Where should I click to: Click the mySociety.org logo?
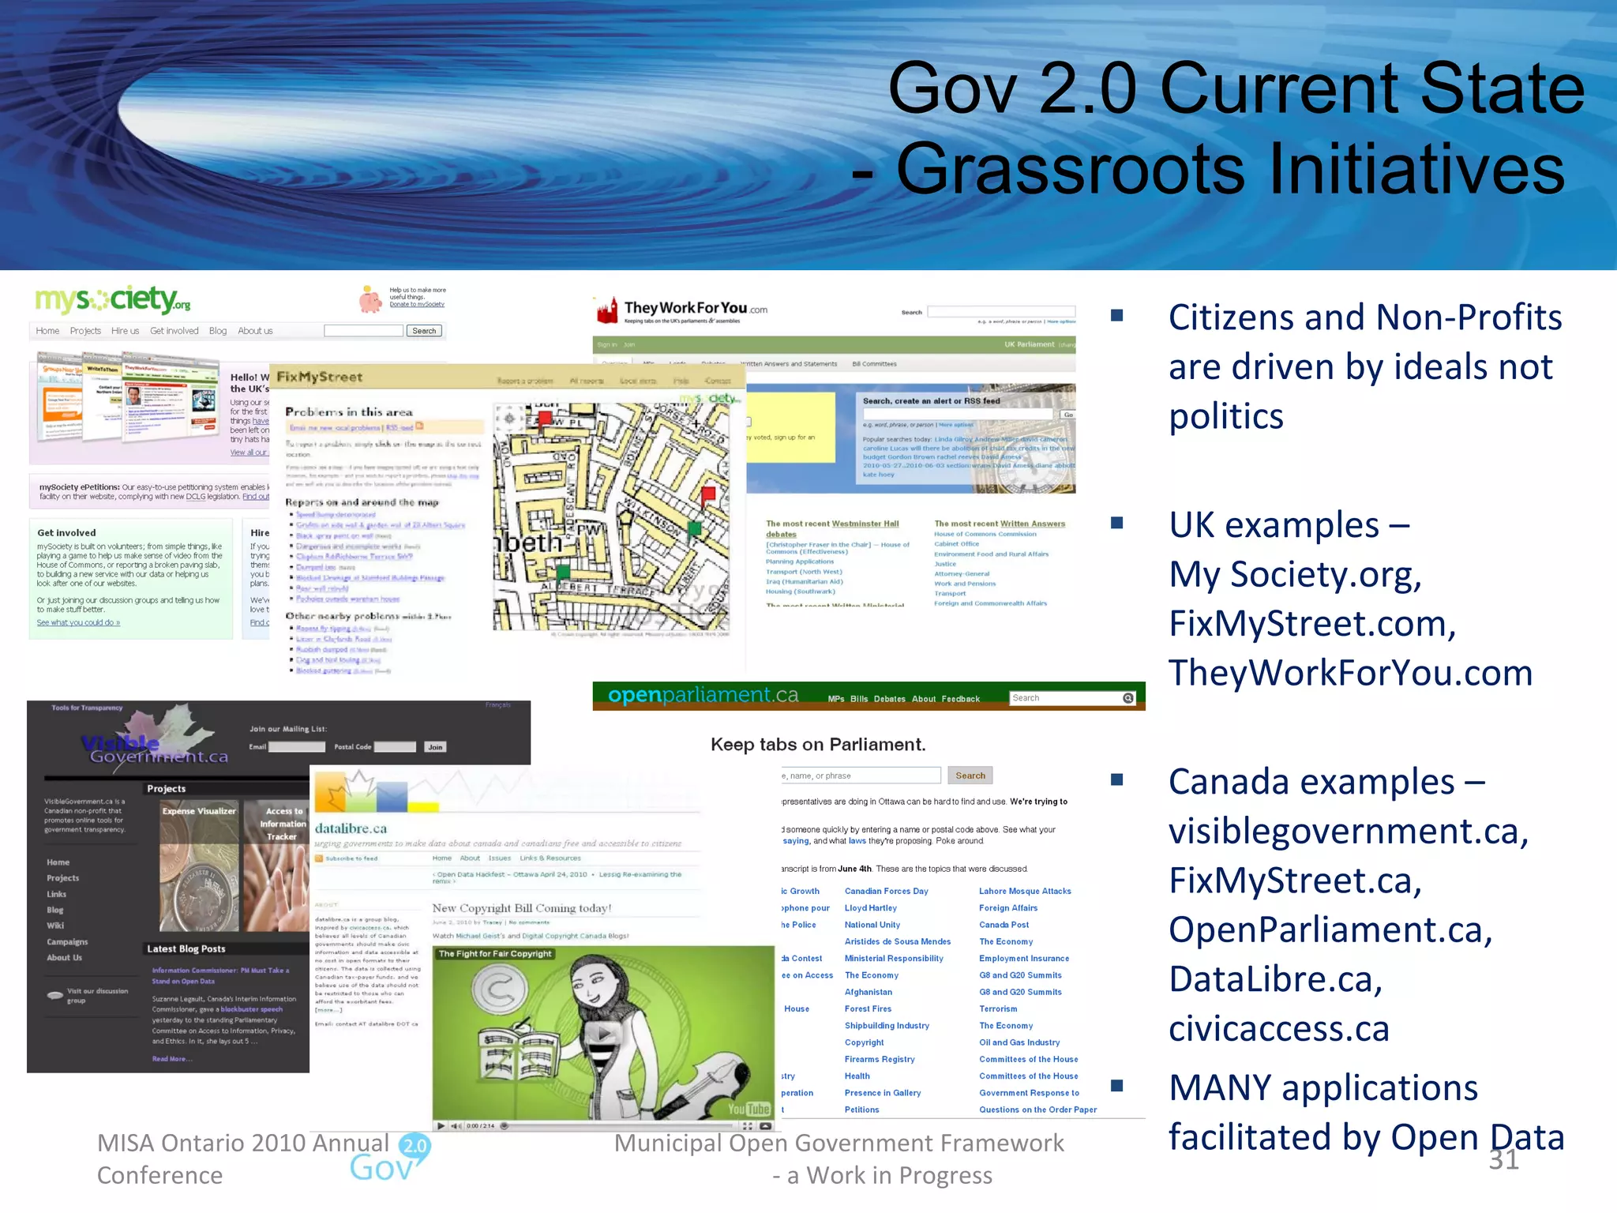click(x=113, y=300)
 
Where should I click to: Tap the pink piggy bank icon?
click(x=370, y=299)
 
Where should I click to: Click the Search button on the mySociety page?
click(x=424, y=331)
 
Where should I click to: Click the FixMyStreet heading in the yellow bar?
click(x=320, y=377)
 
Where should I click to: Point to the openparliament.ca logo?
click(x=703, y=696)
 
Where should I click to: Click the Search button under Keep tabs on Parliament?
click(x=970, y=775)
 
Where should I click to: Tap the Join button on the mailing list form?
click(x=435, y=747)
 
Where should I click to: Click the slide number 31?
click(x=1503, y=1159)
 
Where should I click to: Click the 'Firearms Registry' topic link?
click(x=880, y=1060)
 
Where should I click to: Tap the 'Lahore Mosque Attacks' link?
click(x=1025, y=892)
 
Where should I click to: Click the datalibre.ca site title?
click(x=351, y=829)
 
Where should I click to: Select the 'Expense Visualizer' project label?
click(x=199, y=811)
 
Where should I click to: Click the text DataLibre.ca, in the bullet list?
click(x=1275, y=979)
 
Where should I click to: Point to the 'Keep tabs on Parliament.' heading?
click(x=818, y=745)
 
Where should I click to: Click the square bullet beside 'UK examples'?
click(x=1116, y=523)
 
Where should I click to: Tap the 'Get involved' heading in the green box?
click(x=66, y=533)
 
